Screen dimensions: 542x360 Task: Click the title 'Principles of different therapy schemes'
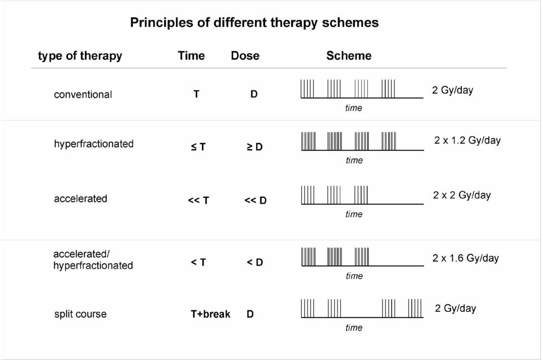[254, 23]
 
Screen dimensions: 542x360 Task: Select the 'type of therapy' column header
[80, 55]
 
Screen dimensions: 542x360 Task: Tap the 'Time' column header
[191, 55]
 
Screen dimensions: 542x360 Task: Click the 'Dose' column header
[245, 55]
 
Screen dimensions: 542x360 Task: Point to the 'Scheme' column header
[349, 55]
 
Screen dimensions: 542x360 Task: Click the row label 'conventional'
[83, 94]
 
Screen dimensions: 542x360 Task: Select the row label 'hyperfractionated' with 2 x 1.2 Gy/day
[94, 144]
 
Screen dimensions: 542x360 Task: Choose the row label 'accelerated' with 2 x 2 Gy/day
[81, 199]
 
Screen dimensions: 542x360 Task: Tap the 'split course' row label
[81, 314]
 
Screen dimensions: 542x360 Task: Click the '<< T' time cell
[198, 201]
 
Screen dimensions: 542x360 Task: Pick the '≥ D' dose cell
[255, 147]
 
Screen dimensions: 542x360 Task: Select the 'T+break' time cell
[210, 314]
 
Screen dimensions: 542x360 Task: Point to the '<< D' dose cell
[255, 201]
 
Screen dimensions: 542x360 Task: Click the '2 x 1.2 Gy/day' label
[467, 140]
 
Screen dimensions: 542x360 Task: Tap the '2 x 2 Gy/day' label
[462, 195]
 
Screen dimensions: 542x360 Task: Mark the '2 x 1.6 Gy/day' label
[466, 258]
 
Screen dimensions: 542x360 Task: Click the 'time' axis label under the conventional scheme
[354, 108]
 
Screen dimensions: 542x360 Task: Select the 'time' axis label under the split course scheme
[354, 328]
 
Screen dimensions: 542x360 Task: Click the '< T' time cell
[198, 263]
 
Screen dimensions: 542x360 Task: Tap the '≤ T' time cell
[198, 147]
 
